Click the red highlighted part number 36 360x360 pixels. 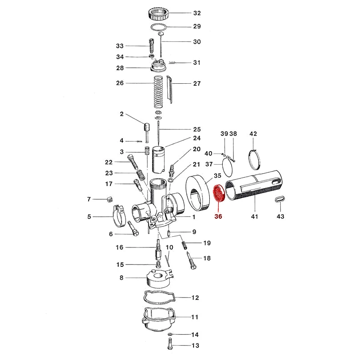click(x=219, y=216)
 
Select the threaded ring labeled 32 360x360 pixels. click(x=157, y=13)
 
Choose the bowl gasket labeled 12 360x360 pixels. click(x=157, y=297)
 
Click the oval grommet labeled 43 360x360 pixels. click(x=279, y=200)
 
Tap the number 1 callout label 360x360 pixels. click(x=194, y=217)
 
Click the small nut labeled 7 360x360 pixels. click(x=108, y=199)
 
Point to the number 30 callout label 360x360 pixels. click(x=197, y=42)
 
